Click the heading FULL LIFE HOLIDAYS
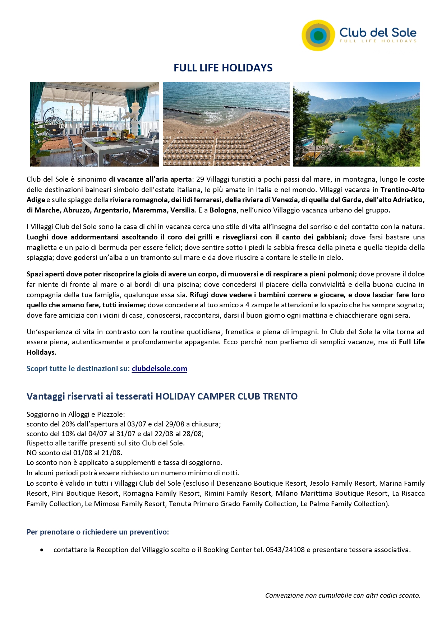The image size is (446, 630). coord(223,68)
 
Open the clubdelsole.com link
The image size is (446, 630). coord(159,369)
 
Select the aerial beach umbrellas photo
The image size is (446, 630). coord(226,124)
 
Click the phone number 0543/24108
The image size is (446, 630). coord(285,550)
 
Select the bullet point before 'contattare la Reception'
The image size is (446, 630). coord(42,550)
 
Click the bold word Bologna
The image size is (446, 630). coord(223,210)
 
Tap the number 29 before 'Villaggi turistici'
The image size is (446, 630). coord(200,179)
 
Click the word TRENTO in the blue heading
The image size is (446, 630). coord(280,396)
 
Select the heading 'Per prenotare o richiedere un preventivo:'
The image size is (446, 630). coord(98,532)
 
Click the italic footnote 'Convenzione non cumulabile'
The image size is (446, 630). coord(342,595)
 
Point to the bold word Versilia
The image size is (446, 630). coord(182,210)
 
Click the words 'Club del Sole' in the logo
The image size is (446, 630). coord(378,33)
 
